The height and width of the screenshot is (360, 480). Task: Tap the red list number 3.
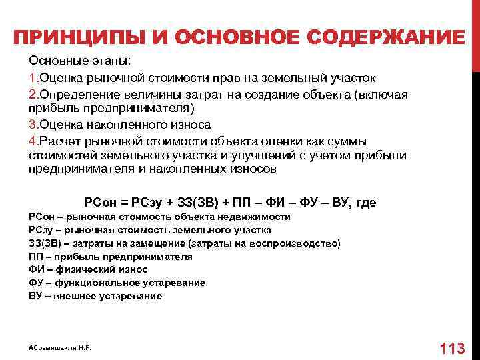click(x=32, y=124)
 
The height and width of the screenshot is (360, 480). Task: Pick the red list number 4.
click(x=32, y=140)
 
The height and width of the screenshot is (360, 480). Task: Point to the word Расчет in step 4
click(x=59, y=140)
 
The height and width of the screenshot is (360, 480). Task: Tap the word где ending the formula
click(x=366, y=202)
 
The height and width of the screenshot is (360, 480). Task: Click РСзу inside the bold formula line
click(x=147, y=202)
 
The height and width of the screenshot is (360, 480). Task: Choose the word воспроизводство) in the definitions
click(x=304, y=243)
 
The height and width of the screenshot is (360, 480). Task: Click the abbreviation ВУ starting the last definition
click(x=35, y=296)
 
